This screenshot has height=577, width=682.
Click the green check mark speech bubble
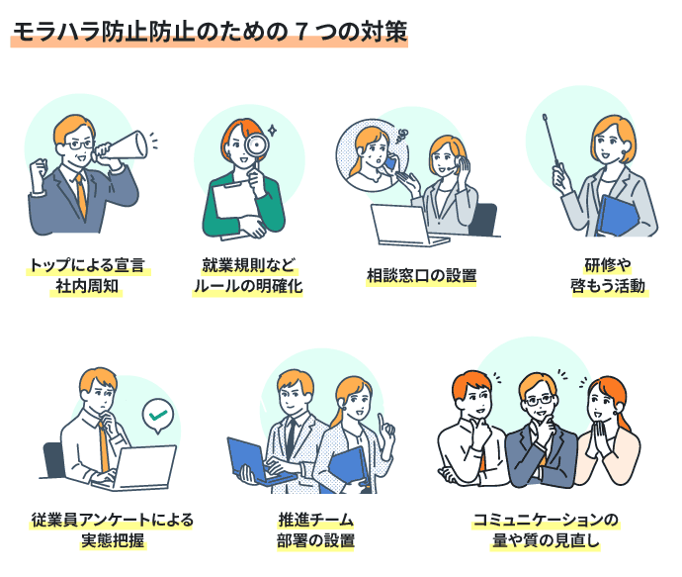[158, 416]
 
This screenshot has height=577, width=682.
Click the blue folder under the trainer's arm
[617, 217]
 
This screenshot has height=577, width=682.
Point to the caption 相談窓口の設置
[421, 276]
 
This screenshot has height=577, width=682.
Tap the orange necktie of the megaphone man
[81, 196]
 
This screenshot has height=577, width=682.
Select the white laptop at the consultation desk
[404, 225]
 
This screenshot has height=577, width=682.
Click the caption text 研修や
[608, 265]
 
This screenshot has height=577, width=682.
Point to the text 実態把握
[113, 540]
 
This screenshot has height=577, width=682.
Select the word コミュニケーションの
[546, 520]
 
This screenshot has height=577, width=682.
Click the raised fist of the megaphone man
[39, 171]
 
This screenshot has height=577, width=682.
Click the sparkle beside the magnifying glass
[272, 130]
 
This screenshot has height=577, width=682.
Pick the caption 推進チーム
[315, 520]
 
